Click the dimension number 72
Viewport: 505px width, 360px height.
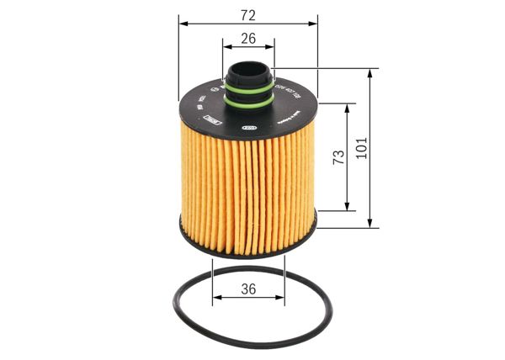(x=248, y=15)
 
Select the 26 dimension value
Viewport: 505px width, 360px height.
(x=247, y=38)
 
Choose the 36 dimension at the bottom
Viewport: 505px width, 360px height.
(x=248, y=289)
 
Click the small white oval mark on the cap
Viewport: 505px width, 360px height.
(x=249, y=128)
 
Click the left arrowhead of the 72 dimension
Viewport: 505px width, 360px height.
(x=181, y=25)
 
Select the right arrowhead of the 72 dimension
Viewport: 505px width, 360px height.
(x=316, y=25)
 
